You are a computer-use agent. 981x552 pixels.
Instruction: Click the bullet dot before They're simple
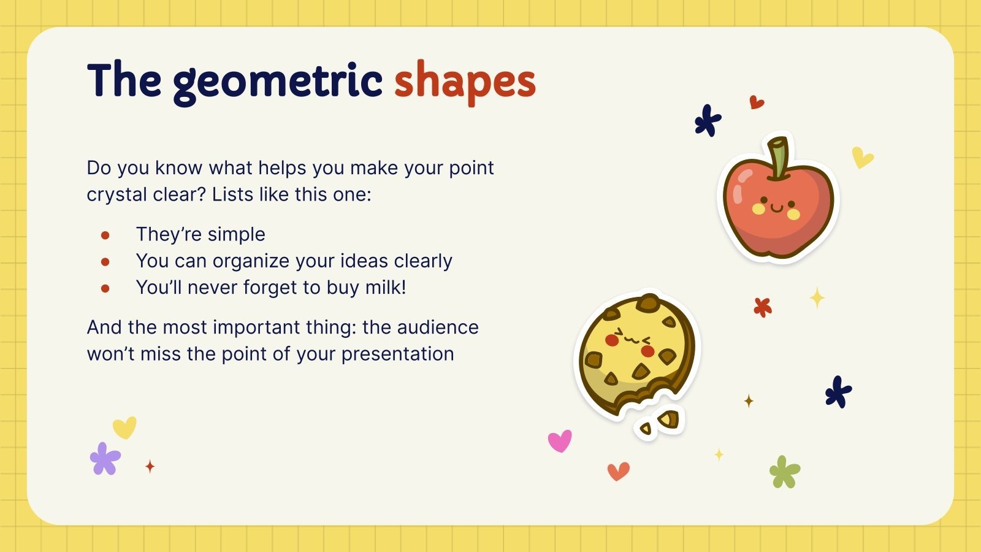[105, 235]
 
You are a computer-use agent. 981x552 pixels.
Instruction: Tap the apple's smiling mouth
[776, 209]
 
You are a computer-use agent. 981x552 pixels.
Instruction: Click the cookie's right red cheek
[647, 351]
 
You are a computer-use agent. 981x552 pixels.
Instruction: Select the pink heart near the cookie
[559, 440]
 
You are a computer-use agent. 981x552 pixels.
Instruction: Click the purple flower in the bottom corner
[105, 459]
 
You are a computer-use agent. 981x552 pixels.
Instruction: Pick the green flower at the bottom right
[784, 472]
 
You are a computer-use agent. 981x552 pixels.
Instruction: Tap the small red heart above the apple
[757, 102]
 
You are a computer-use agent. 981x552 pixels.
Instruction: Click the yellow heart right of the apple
[862, 158]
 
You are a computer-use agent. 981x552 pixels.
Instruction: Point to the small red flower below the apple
[762, 307]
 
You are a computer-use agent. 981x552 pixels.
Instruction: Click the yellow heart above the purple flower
[124, 427]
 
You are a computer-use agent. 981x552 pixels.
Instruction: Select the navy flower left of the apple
[708, 121]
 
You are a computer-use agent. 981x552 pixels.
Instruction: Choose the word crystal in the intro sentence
[115, 194]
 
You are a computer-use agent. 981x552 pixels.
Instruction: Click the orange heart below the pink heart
[618, 471]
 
